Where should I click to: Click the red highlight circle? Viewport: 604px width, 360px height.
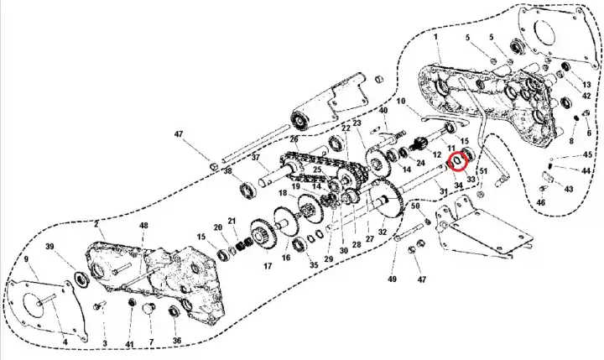pyautogui.click(x=458, y=159)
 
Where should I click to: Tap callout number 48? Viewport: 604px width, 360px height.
pyautogui.click(x=143, y=226)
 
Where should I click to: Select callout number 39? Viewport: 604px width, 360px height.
pyautogui.click(x=49, y=247)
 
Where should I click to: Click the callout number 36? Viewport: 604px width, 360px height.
pyautogui.click(x=176, y=340)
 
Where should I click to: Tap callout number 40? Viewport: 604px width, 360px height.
pyautogui.click(x=383, y=112)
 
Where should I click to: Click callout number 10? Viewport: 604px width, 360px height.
pyautogui.click(x=400, y=102)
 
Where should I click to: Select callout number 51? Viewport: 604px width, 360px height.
pyautogui.click(x=482, y=196)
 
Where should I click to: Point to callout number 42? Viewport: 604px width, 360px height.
pyautogui.click(x=587, y=97)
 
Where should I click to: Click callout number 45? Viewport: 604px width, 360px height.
pyautogui.click(x=587, y=155)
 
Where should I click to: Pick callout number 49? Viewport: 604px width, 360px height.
pyautogui.click(x=390, y=279)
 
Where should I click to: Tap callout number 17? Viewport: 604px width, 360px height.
pyautogui.click(x=268, y=266)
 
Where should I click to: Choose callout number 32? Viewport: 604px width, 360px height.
pyautogui.click(x=382, y=232)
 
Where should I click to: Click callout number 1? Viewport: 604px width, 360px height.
pyautogui.click(x=437, y=38)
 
